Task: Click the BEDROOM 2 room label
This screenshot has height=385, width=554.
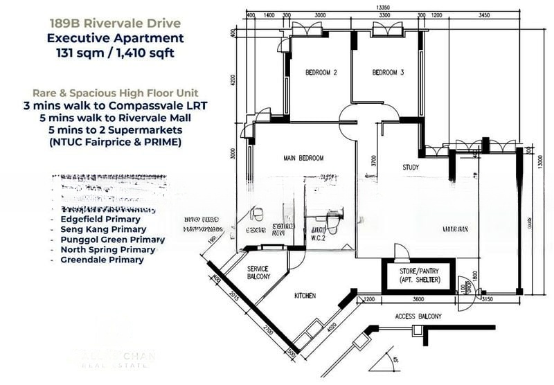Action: click(x=321, y=73)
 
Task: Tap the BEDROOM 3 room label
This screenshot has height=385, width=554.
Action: click(x=388, y=73)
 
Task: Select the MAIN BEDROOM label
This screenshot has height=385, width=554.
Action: click(x=303, y=159)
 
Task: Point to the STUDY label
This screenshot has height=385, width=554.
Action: click(x=411, y=168)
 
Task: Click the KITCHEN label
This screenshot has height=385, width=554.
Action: click(x=305, y=296)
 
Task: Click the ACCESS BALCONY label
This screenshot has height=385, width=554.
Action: click(x=418, y=316)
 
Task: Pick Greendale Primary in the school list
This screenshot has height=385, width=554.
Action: click(x=102, y=260)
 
